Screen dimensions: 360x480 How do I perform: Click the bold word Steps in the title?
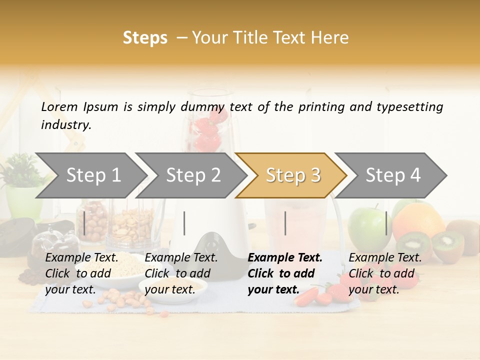tap(145, 38)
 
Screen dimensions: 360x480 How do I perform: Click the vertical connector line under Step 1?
tap(84, 223)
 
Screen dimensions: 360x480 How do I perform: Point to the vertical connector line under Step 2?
tap(184, 223)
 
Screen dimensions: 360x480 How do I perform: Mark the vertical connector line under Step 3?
tap(285, 223)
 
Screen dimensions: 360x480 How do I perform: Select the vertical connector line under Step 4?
tap(386, 223)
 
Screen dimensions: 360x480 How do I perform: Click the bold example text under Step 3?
tap(285, 273)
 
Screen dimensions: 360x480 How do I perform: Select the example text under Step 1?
tap(81, 273)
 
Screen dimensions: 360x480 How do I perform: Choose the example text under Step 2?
tap(181, 273)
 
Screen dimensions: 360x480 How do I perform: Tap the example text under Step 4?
tap(385, 273)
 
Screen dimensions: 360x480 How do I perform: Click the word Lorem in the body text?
tap(59, 106)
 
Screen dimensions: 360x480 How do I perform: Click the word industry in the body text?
tap(65, 125)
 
